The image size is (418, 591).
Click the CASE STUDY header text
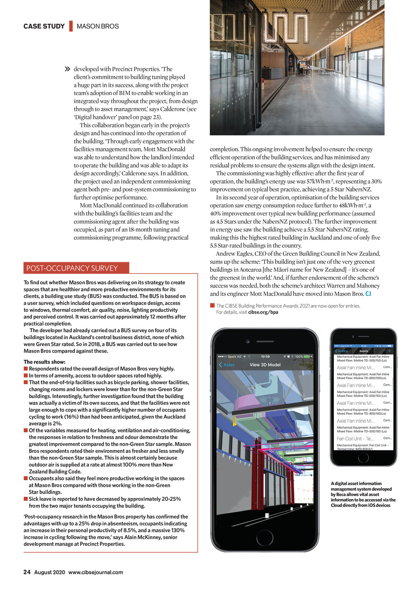(x=44, y=26)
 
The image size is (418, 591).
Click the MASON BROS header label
(x=98, y=26)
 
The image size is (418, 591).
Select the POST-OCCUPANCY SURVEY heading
(x=72, y=268)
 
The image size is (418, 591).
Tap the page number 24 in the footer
(x=27, y=572)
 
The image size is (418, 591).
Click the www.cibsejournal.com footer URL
(x=96, y=572)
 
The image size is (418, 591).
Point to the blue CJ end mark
(x=368, y=294)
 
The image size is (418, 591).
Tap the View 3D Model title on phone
(x=265, y=365)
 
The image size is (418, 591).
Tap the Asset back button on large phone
(x=227, y=365)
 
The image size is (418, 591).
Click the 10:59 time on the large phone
(x=265, y=356)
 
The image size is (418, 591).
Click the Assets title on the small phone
(x=363, y=351)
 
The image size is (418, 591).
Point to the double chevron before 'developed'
(x=67, y=69)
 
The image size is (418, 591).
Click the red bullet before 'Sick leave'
(x=26, y=499)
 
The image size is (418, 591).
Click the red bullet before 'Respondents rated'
(x=26, y=369)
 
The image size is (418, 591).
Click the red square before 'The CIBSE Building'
(x=212, y=305)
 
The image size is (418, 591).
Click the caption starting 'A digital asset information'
(x=363, y=494)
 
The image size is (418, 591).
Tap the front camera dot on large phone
(x=247, y=341)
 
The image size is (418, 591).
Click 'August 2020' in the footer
(x=49, y=572)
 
